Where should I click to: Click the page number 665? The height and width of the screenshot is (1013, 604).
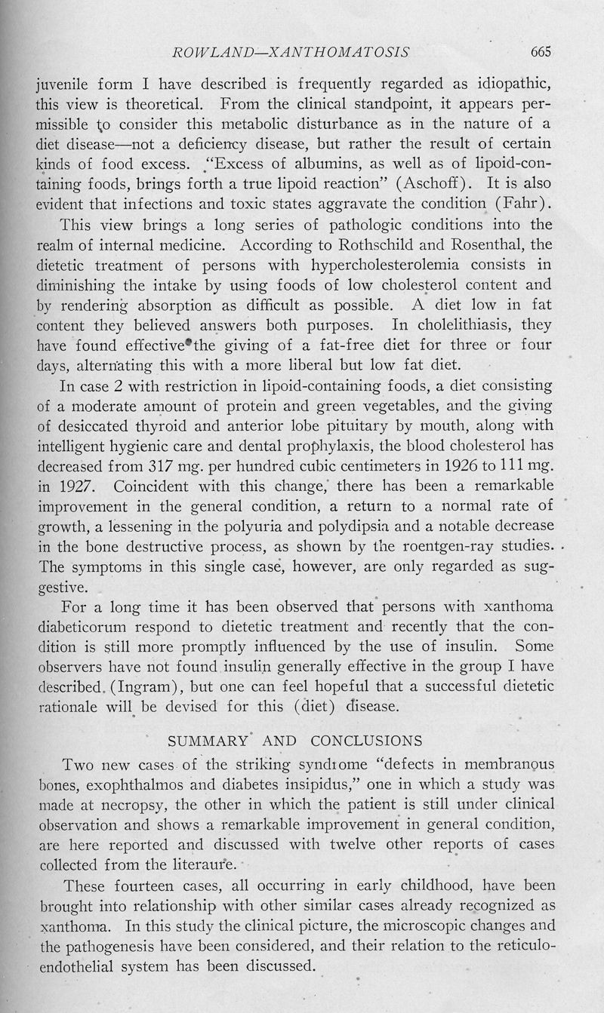[542, 52]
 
